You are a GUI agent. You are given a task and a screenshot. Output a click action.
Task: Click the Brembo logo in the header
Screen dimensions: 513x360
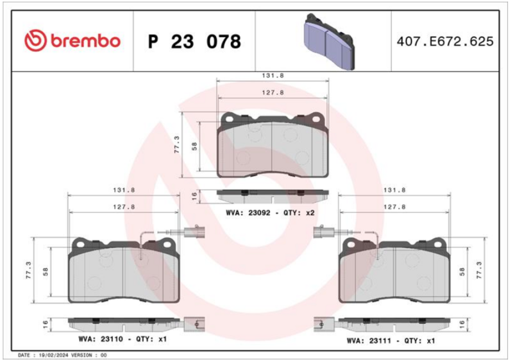click(x=72, y=41)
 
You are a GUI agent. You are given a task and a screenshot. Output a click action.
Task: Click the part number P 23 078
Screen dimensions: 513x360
click(x=195, y=42)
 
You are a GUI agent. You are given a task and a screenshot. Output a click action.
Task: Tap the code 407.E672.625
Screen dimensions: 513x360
click(x=445, y=42)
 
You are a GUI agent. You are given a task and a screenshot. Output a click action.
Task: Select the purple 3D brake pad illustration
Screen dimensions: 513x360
click(x=329, y=42)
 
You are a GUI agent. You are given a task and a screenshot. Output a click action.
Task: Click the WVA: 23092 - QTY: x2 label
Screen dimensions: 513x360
click(x=270, y=213)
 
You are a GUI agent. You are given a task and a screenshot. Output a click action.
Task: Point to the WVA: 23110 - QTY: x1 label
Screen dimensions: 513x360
click(x=122, y=339)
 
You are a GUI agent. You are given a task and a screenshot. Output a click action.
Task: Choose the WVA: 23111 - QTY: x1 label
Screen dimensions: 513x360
click(x=391, y=341)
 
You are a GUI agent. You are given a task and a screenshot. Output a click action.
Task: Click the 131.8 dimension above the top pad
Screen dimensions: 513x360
click(x=273, y=76)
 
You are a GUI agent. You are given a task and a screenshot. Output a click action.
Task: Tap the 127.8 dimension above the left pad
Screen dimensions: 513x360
click(x=124, y=207)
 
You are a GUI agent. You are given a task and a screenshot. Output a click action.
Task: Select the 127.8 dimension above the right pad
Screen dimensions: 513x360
click(x=394, y=207)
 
